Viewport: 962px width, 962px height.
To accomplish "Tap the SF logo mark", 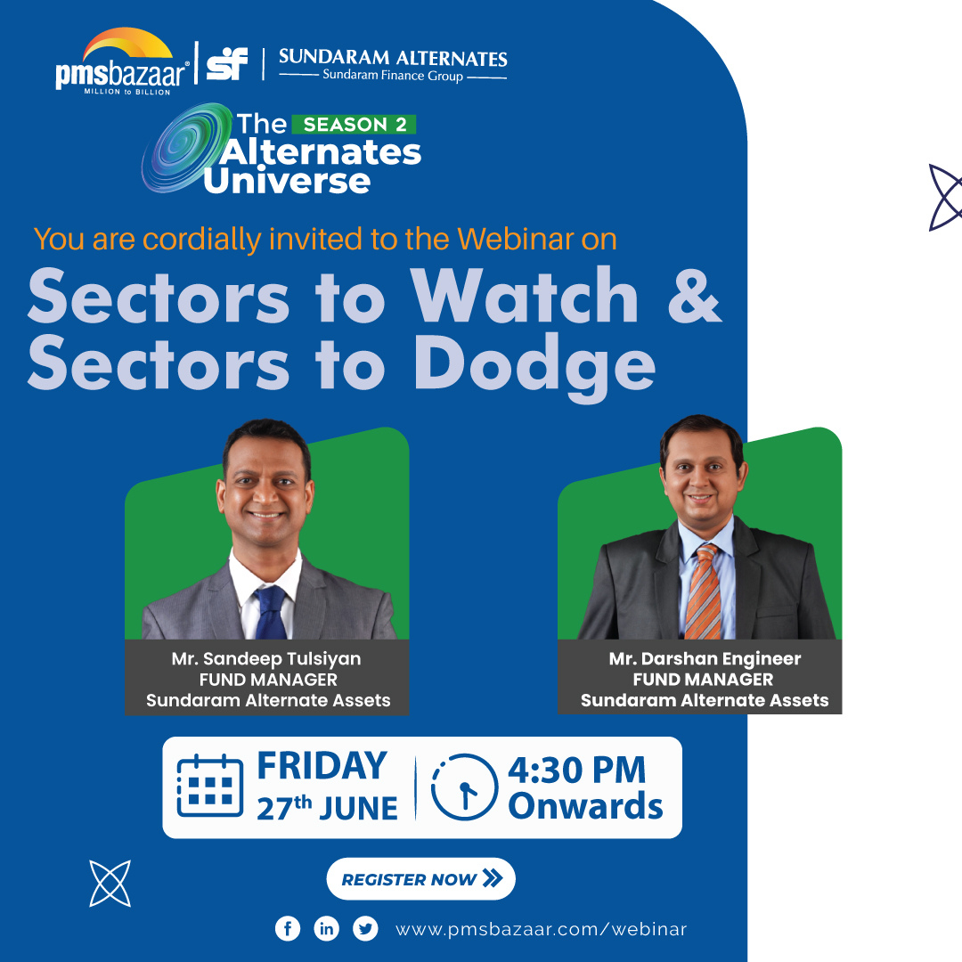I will (x=226, y=63).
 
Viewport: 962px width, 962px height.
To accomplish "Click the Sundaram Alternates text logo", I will (x=393, y=65).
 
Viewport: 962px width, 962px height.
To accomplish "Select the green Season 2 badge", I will (x=355, y=124).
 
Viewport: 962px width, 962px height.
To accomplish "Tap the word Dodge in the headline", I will (x=534, y=365).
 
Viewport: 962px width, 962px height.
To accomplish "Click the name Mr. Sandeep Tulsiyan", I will (x=267, y=659).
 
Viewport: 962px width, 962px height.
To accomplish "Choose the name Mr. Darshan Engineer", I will (x=705, y=659).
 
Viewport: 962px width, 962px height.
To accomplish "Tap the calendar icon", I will (x=210, y=787).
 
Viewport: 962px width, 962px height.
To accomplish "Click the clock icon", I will (x=464, y=787).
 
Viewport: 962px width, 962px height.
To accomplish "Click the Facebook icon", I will (x=288, y=929).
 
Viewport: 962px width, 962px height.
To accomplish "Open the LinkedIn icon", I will (x=327, y=929).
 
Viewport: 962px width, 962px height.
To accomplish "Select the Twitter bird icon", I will (x=365, y=929).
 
